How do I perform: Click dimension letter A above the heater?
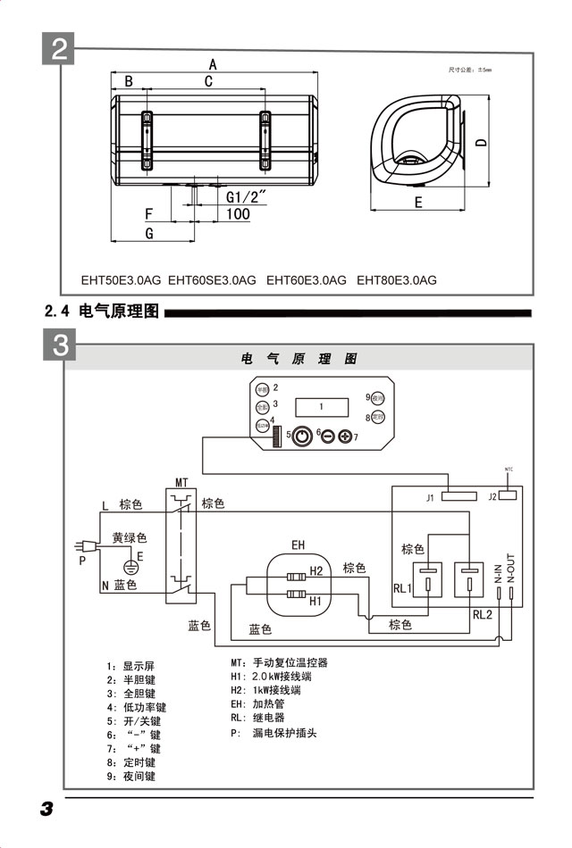point(213,64)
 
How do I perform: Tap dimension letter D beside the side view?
point(480,143)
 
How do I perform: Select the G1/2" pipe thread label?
point(247,196)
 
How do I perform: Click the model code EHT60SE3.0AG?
point(212,280)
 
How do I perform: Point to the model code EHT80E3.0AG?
point(397,280)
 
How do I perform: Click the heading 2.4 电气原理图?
point(101,312)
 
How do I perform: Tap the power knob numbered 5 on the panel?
point(302,436)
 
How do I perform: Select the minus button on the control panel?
point(326,436)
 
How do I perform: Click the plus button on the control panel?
point(345,436)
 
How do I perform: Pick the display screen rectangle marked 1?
point(322,406)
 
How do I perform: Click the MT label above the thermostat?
point(182,482)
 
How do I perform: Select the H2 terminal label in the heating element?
point(315,571)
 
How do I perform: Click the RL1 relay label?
point(401,589)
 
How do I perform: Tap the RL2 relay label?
point(483,614)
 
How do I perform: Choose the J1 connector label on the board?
point(430,497)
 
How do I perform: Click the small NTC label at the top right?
point(509,468)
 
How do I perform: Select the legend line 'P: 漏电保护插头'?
point(273,734)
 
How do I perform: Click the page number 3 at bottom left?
point(46,809)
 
